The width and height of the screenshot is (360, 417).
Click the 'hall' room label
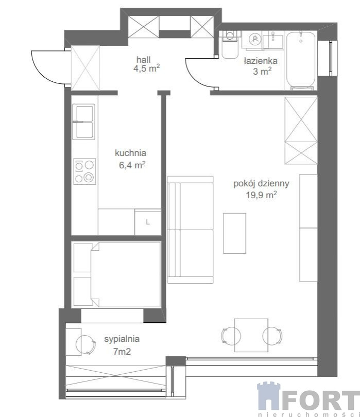143,60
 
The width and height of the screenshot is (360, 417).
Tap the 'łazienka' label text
261,61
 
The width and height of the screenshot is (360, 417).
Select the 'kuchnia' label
130,153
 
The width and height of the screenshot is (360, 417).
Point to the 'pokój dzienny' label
261,184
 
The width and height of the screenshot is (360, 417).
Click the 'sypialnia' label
122,339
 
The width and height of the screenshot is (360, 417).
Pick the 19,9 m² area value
261,195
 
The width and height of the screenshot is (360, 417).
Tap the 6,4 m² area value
132,165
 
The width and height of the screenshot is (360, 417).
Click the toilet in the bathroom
230,45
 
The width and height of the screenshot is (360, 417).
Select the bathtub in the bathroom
301,61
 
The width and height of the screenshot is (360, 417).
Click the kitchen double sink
83,122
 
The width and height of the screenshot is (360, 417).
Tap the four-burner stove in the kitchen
84,171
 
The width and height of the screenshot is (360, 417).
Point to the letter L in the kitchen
148,222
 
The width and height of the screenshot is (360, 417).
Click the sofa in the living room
190,230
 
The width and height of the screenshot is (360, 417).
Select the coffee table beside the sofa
234,233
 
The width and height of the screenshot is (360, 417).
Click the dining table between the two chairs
251,335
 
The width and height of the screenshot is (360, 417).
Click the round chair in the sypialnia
85,344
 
